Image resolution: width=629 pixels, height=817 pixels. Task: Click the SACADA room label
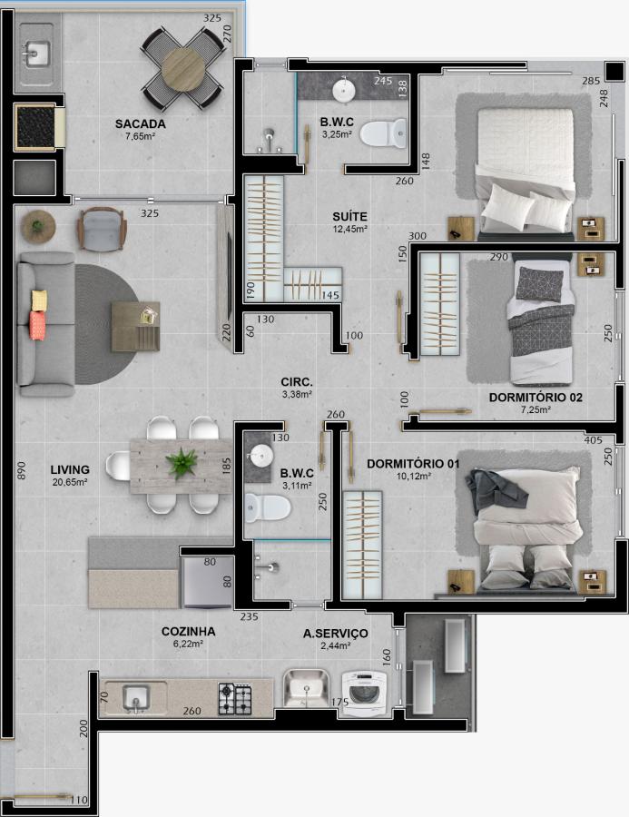(140, 124)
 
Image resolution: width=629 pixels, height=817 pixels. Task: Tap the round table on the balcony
(183, 69)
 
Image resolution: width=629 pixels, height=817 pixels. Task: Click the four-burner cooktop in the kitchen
(234, 699)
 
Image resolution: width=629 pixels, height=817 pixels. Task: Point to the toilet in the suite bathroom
(383, 134)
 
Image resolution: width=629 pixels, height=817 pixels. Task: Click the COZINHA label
(188, 632)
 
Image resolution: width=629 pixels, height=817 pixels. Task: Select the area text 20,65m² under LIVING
(69, 482)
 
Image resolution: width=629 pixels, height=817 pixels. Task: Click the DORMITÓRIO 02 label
(536, 398)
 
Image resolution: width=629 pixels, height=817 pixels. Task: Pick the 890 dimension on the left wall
(20, 470)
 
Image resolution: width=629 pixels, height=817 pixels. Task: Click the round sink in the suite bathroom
(344, 90)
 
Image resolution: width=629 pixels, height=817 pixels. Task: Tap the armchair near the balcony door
(102, 229)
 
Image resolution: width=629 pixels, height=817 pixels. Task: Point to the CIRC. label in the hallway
(297, 382)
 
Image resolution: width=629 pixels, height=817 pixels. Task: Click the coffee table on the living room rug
(135, 327)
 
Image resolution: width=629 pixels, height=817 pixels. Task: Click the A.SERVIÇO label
(335, 634)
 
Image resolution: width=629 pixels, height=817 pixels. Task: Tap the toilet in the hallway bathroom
(267, 507)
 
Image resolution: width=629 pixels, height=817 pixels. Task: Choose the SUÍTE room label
(349, 217)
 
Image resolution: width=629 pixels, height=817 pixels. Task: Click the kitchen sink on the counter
(136, 698)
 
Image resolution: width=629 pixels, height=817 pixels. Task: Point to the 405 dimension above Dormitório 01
(593, 440)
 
